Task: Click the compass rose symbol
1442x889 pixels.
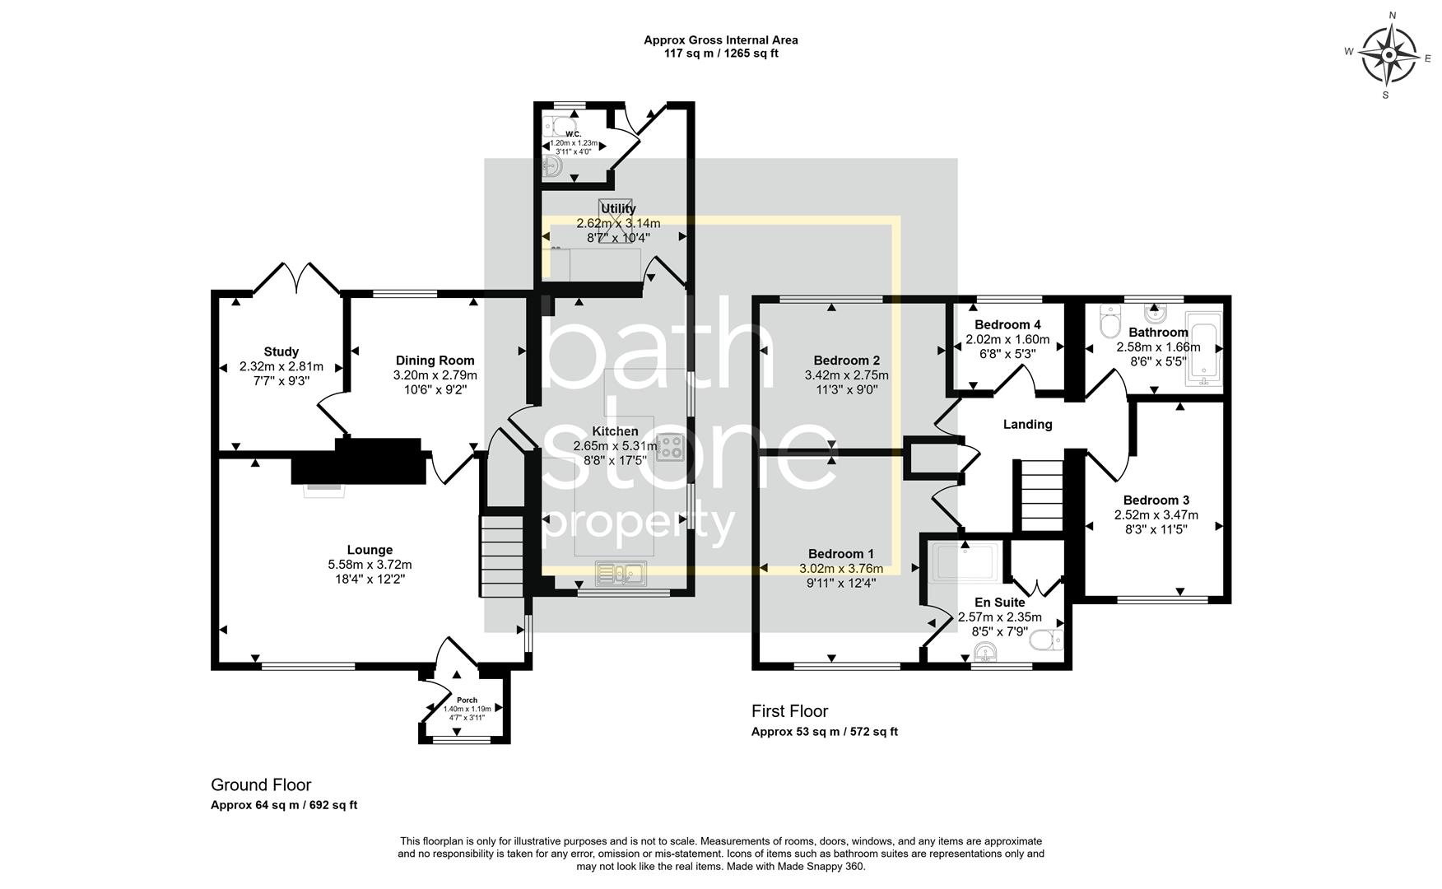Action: coord(1389,55)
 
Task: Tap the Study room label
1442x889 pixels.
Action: coord(281,351)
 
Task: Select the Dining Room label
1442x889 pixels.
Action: coord(435,360)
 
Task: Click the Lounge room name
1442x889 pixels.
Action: coord(370,550)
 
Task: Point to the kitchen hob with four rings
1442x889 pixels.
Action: coord(672,447)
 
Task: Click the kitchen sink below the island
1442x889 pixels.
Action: coord(622,572)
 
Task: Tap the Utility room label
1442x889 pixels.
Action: coord(618,209)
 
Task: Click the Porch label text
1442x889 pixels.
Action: coord(467,700)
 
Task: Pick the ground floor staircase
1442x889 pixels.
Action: coord(502,556)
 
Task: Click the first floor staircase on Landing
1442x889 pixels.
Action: coord(1042,496)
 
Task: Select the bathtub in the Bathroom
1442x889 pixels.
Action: coord(1202,348)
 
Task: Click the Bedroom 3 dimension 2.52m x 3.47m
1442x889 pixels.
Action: coord(1156,515)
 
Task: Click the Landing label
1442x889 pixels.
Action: coord(1027,425)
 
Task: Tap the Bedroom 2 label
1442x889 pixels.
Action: coord(846,361)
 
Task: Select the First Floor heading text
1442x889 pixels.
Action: coord(789,711)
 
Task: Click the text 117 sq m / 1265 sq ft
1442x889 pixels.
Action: coord(720,54)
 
